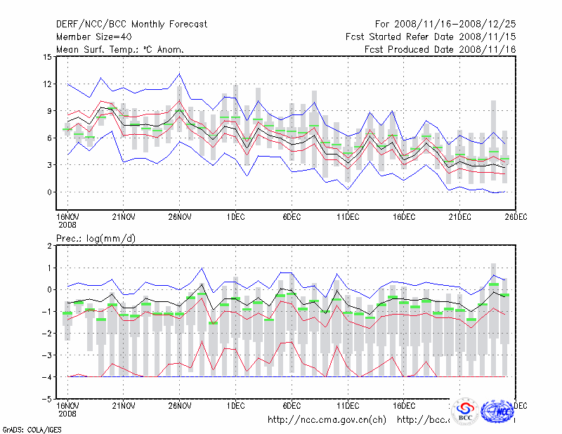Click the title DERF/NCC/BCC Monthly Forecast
(x=131, y=25)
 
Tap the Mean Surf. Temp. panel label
(x=120, y=49)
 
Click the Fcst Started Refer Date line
(x=431, y=37)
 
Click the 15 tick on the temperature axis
(x=47, y=57)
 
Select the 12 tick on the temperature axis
(x=47, y=84)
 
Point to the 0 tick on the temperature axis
(x=49, y=192)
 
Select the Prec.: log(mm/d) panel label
(x=96, y=239)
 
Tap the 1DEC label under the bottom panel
(x=235, y=405)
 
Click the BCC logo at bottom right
(x=465, y=412)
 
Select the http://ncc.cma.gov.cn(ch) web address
(x=327, y=420)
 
